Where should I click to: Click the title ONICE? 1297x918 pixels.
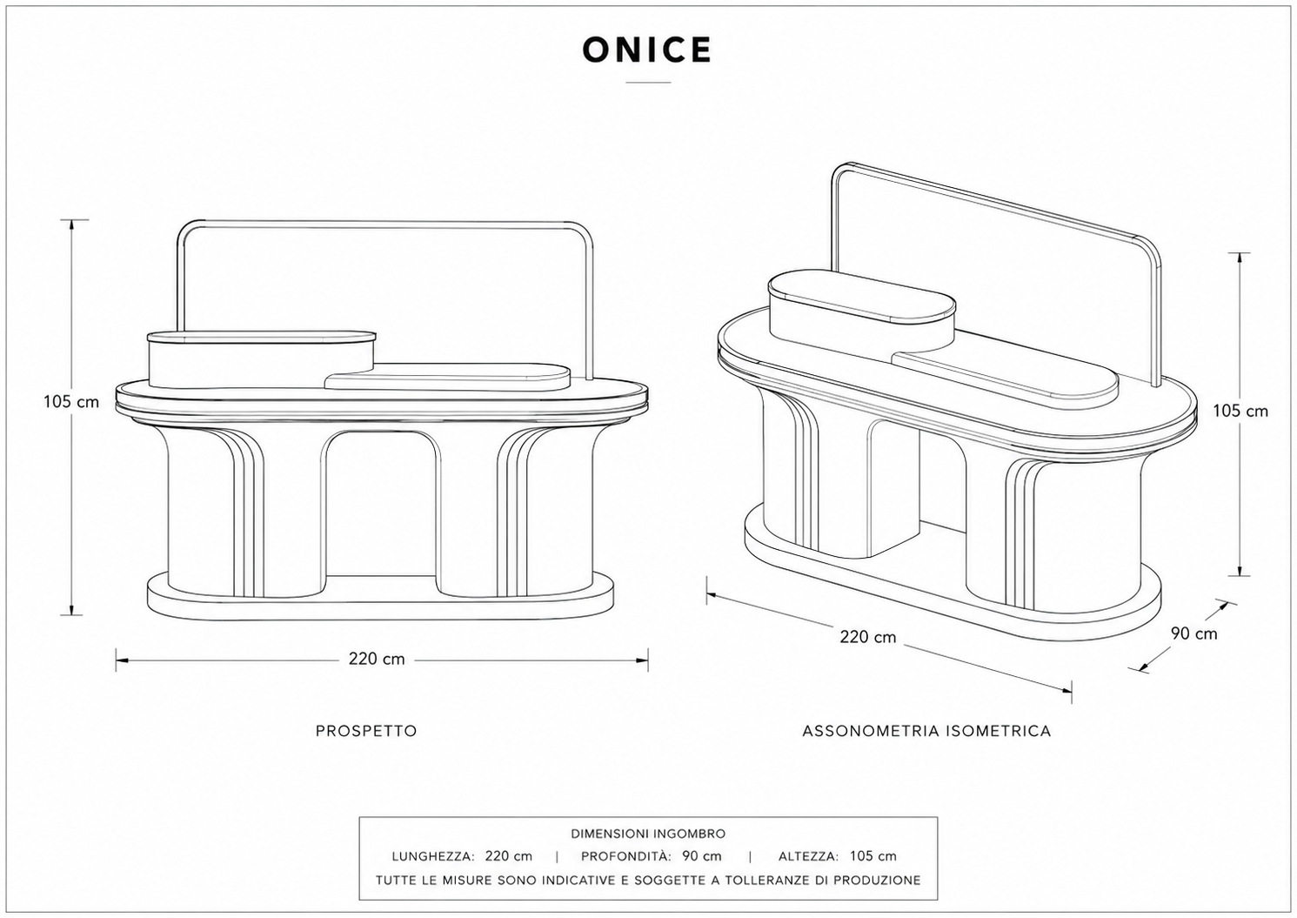click(x=647, y=50)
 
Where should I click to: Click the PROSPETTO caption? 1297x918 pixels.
click(x=366, y=731)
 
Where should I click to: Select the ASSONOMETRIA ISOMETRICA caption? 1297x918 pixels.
click(x=926, y=731)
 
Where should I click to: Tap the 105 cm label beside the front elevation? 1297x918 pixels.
click(x=71, y=401)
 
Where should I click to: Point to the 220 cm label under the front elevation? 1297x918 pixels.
click(x=377, y=659)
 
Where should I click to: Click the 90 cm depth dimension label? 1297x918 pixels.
click(x=1194, y=633)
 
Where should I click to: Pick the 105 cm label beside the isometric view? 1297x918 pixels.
click(x=1240, y=412)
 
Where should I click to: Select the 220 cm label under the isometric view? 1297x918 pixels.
click(x=868, y=637)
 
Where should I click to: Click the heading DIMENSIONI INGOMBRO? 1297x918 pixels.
click(x=648, y=834)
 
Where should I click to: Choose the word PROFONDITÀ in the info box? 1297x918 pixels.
click(x=626, y=856)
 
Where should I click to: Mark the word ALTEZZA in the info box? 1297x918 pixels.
click(x=809, y=856)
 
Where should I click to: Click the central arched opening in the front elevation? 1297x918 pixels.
click(x=380, y=504)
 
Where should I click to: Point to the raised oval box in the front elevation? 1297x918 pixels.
click(x=262, y=359)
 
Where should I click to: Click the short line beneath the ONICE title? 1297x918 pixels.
click(x=648, y=83)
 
